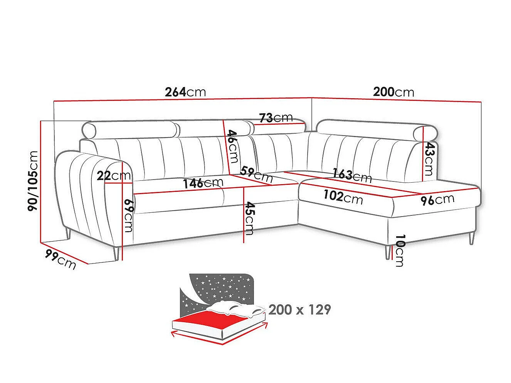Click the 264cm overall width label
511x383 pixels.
(185, 92)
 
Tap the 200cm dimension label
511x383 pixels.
(394, 92)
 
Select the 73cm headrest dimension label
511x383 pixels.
(276, 118)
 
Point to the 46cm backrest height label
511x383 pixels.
(232, 146)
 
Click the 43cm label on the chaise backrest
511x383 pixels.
(429, 159)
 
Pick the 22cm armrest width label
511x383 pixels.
(114, 176)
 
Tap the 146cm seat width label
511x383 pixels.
(203, 183)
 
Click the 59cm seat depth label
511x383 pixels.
(256, 174)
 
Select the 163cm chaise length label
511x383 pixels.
(352, 176)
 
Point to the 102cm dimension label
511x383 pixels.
(343, 197)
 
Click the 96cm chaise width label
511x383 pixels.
(437, 200)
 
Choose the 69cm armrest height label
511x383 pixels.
(129, 215)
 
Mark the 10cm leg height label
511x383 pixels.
(400, 250)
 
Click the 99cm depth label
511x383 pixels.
(60, 259)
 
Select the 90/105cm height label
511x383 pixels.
(32, 181)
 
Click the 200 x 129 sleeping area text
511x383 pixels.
(299, 309)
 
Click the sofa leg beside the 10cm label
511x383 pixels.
(387, 252)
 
